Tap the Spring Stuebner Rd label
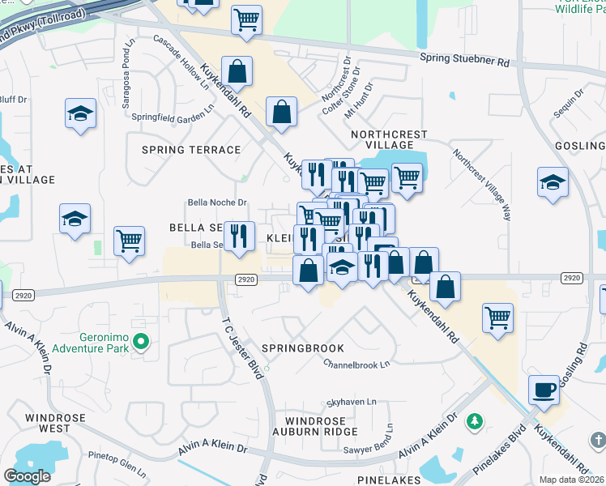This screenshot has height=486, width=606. (464, 59)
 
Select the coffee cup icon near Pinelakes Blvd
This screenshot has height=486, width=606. (544, 390)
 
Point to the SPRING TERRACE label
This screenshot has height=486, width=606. (191, 150)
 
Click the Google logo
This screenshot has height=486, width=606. (27, 476)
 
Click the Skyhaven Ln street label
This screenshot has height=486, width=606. (351, 402)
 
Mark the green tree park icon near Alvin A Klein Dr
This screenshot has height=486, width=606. (476, 421)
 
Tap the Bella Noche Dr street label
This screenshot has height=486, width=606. (217, 202)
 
